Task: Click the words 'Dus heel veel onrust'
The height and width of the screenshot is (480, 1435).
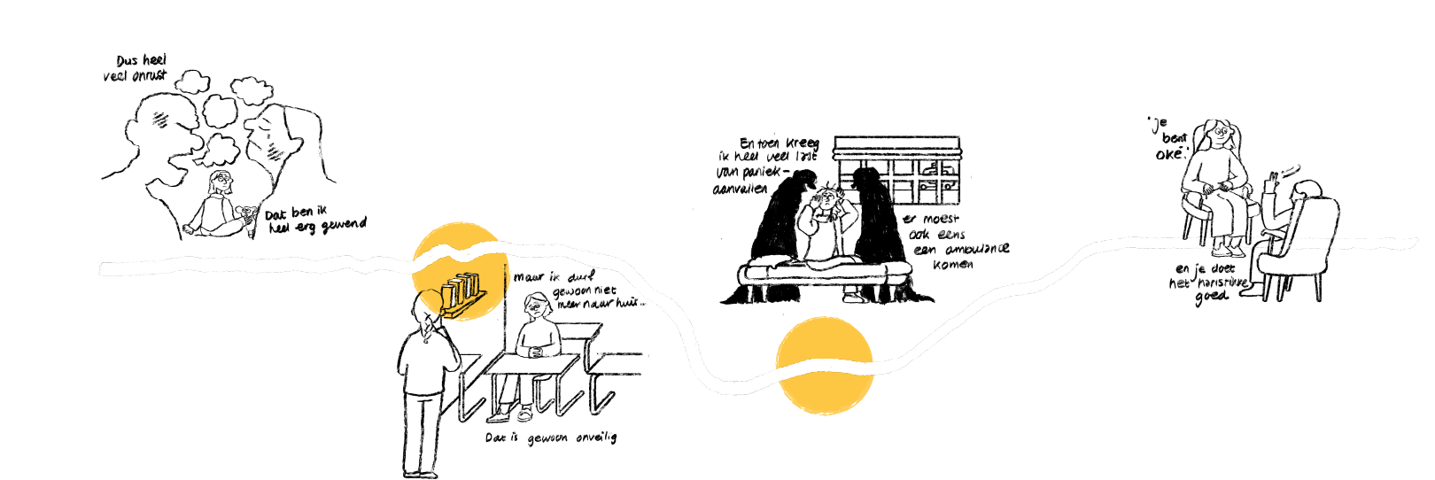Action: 136,68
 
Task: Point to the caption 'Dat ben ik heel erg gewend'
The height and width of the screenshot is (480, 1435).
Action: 314,221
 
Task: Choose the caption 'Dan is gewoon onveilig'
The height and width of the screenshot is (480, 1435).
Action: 550,437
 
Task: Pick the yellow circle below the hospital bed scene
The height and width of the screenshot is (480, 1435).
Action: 824,366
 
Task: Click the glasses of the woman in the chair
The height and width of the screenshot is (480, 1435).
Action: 1222,132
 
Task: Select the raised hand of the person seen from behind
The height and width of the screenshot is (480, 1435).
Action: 1274,181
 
